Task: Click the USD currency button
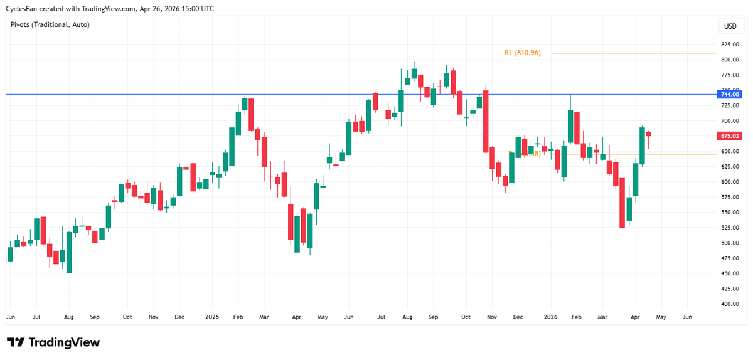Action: click(x=730, y=26)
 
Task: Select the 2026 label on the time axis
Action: click(x=550, y=318)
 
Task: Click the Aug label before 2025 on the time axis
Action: click(x=69, y=318)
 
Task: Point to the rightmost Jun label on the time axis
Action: click(x=687, y=318)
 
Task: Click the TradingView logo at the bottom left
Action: click(x=53, y=342)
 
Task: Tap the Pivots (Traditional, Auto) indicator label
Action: click(x=50, y=24)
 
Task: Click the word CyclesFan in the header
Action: click(x=22, y=8)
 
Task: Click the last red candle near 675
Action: click(x=648, y=134)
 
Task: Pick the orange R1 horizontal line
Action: click(x=634, y=53)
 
